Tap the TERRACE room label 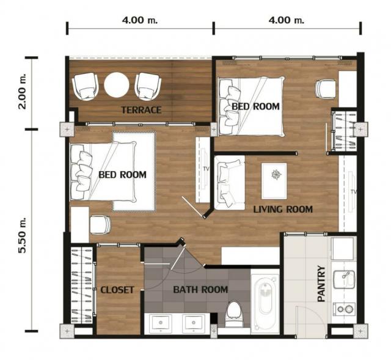coord(141,110)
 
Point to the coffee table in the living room coord(274,181)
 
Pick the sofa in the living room coord(230,183)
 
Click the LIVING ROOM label coord(283,209)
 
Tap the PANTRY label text coord(321,284)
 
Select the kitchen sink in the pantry coord(344,279)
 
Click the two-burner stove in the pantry coord(344,309)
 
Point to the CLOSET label coord(117,290)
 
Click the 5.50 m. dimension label coord(22,235)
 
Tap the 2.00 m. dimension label coord(22,91)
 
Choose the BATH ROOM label coord(200,290)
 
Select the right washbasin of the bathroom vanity coord(194,323)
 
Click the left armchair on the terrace coord(86,86)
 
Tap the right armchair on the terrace coord(148,86)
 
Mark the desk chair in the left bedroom coord(100,225)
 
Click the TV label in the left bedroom coord(206,169)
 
